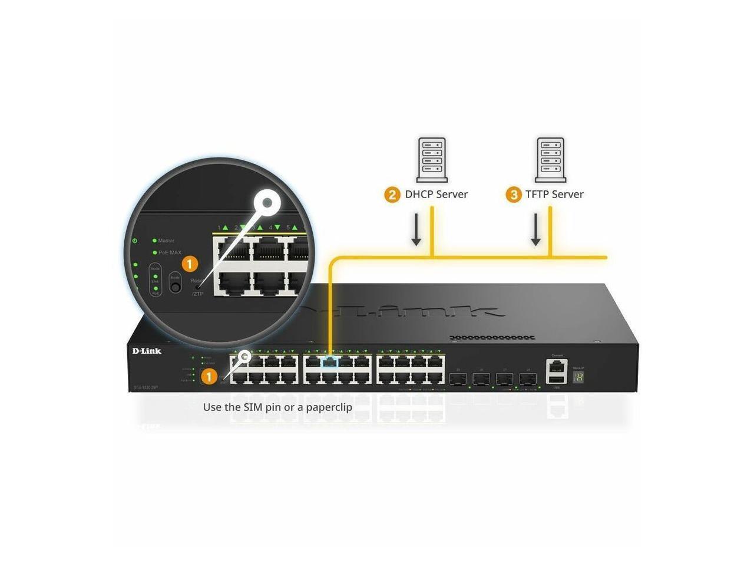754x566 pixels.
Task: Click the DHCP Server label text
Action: [x=436, y=195]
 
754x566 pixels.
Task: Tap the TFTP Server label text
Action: [x=554, y=195]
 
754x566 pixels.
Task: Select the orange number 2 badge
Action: [x=392, y=195]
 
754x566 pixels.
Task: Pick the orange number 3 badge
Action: [x=514, y=195]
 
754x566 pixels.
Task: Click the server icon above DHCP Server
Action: [x=431, y=160]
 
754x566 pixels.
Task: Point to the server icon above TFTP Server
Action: [x=551, y=160]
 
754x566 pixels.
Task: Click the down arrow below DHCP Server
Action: [x=416, y=230]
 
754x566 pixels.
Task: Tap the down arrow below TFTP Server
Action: [x=535, y=230]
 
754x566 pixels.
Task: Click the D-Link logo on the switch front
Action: [x=146, y=351]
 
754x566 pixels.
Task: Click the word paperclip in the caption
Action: [x=329, y=407]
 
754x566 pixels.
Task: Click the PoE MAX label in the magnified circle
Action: [x=170, y=252]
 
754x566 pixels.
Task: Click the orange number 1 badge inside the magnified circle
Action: [x=189, y=264]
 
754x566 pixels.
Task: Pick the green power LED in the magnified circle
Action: [x=135, y=241]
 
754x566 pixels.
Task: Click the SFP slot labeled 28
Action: [x=527, y=378]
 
